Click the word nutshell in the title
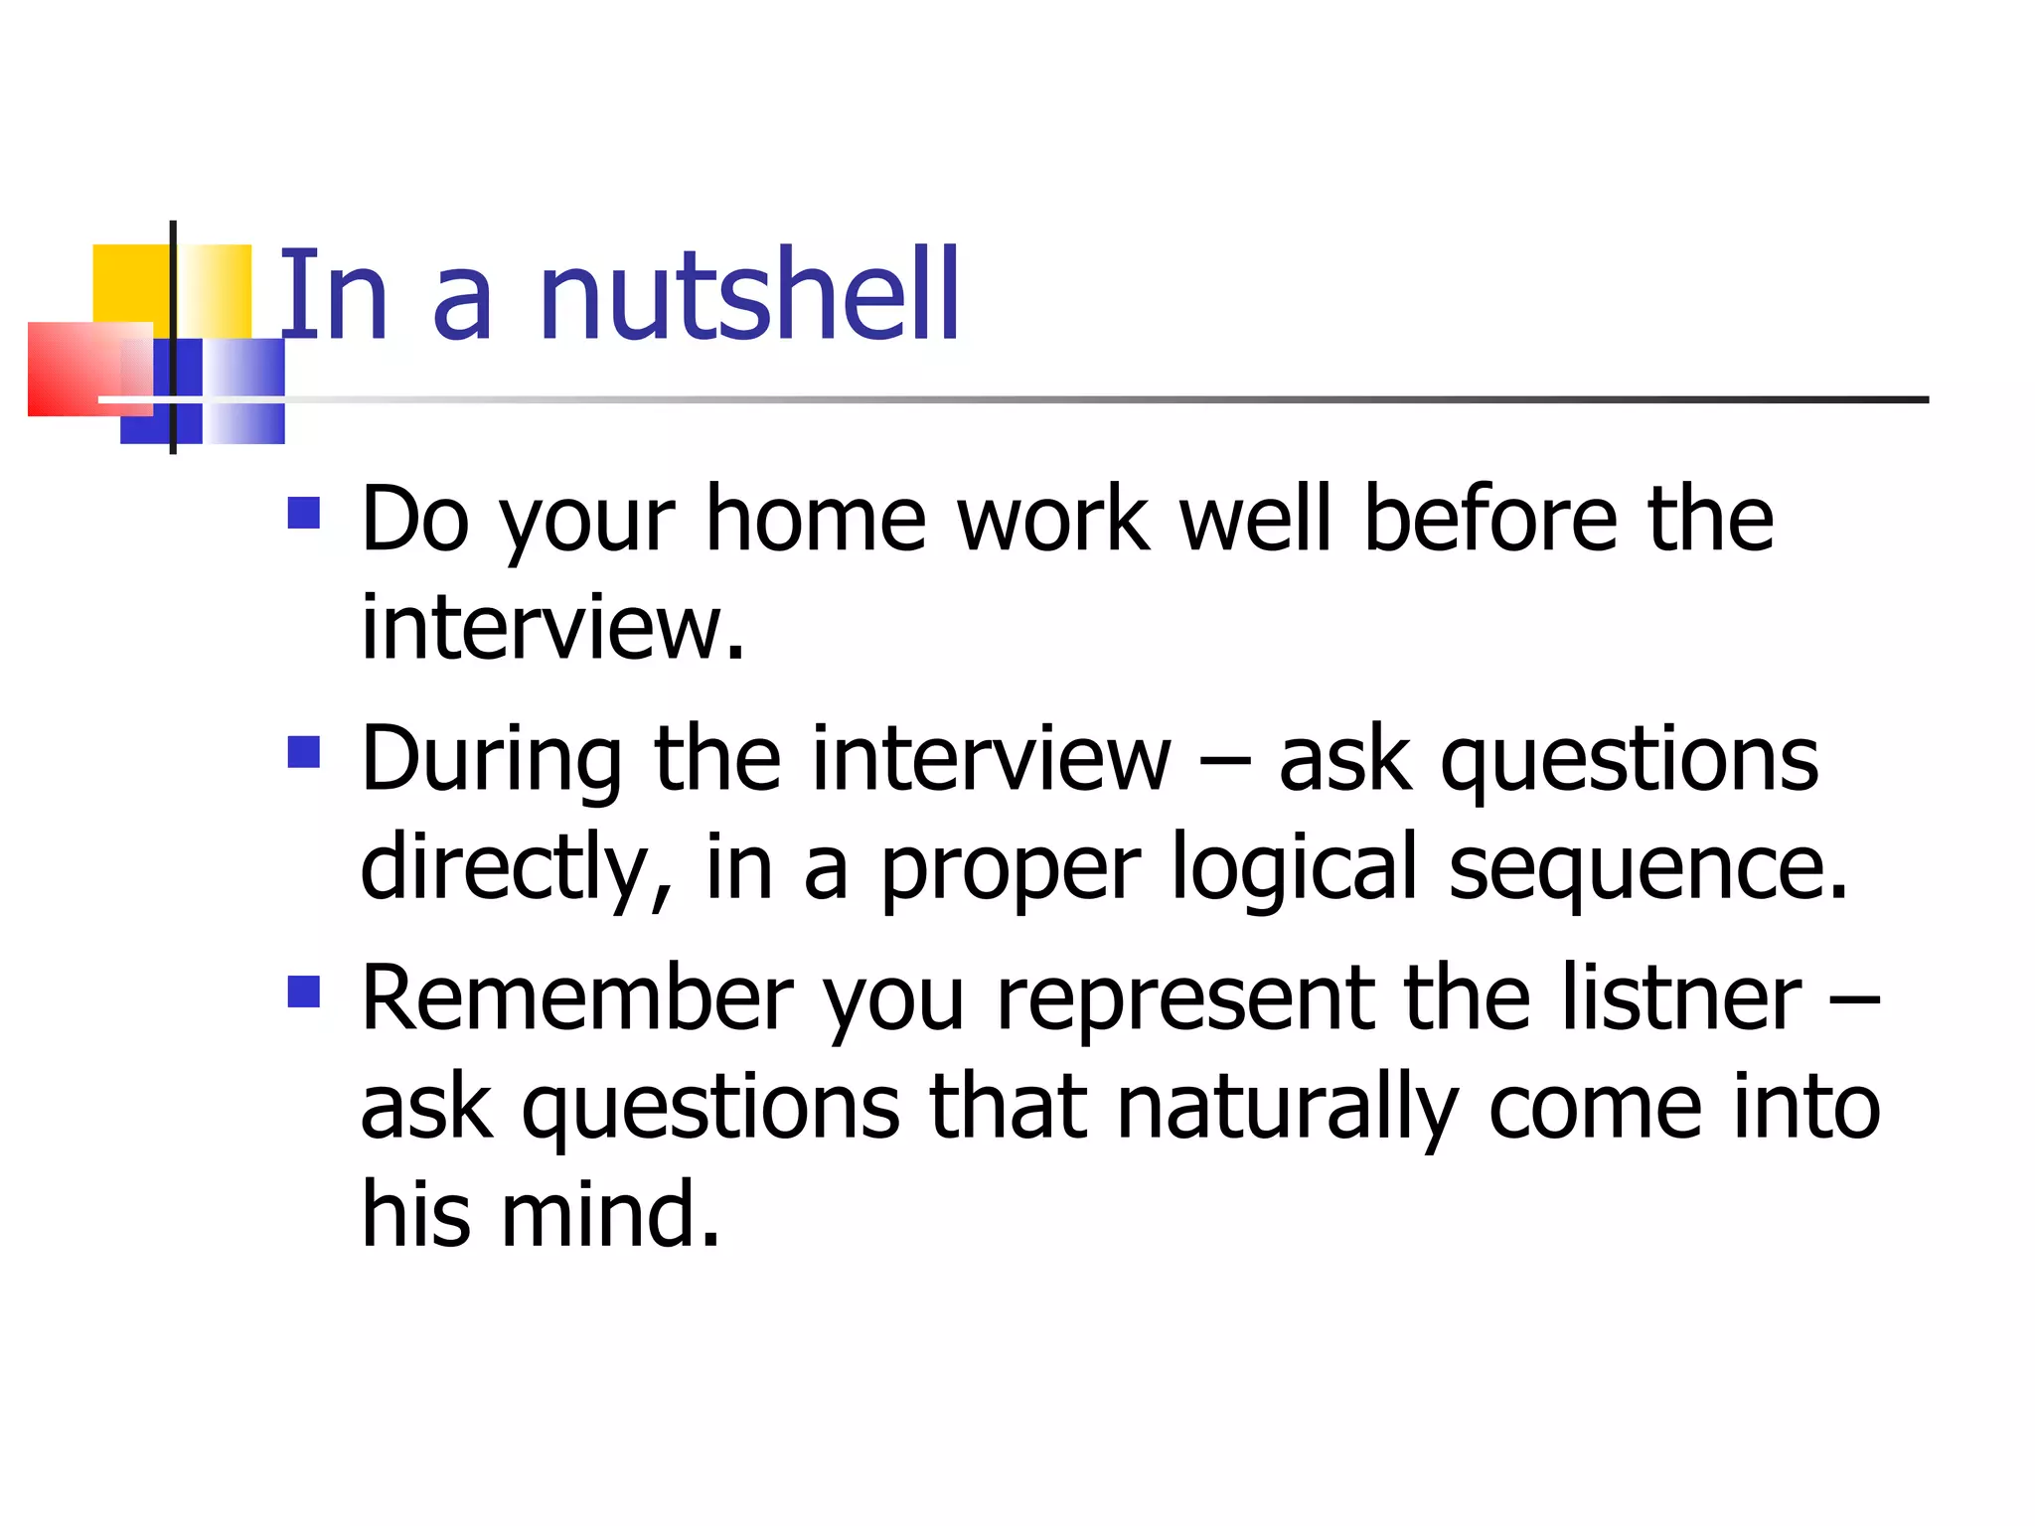(748, 295)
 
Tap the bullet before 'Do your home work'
(303, 513)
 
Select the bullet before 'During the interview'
(303, 752)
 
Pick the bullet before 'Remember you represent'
(303, 992)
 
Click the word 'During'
(491, 760)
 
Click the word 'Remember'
(577, 997)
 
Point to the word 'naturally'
(1287, 1109)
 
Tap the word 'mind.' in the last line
(610, 1214)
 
